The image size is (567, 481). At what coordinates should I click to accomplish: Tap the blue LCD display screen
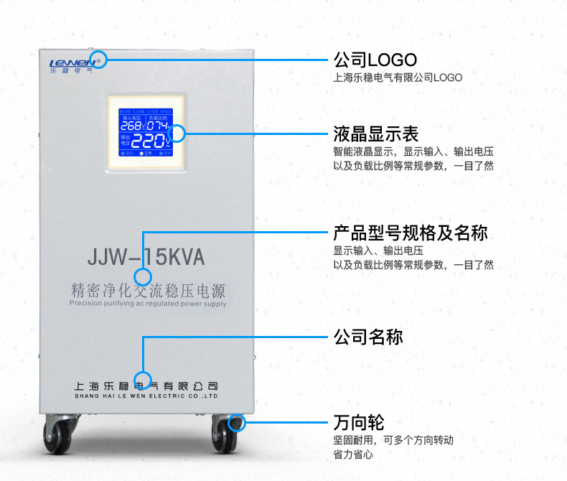146,132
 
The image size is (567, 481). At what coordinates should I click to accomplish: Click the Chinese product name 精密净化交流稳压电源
148,291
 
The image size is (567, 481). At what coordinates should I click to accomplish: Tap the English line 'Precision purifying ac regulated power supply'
148,304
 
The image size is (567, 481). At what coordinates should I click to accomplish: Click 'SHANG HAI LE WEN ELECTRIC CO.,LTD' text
146,396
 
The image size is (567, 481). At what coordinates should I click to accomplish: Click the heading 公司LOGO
375,59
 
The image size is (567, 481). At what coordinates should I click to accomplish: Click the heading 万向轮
358,421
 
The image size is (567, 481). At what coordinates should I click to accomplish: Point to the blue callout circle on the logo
99,59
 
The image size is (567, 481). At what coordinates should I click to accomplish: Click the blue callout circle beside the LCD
177,133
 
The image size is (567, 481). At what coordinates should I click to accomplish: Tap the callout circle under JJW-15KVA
144,276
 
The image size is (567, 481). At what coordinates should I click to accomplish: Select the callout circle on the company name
144,380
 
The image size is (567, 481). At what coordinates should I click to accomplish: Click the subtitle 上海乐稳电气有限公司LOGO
398,78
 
